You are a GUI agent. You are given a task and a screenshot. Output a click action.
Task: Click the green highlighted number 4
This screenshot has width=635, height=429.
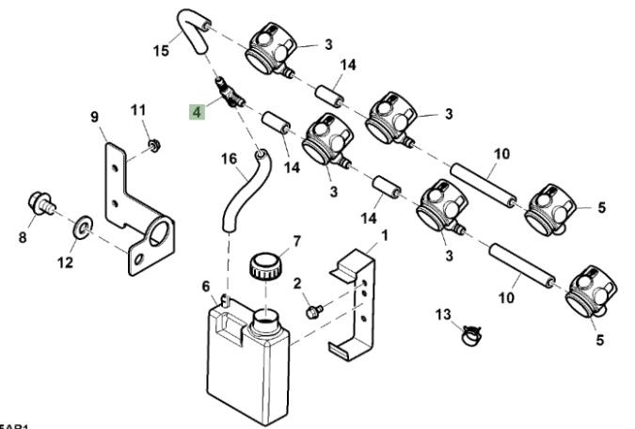pyautogui.click(x=197, y=112)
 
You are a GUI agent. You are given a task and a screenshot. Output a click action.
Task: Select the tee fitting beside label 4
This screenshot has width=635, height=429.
pyautogui.click(x=229, y=93)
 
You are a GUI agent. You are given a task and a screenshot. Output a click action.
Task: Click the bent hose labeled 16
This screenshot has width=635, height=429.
pyautogui.click(x=244, y=183)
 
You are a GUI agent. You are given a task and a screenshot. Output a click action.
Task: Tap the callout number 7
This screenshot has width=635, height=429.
pyautogui.click(x=296, y=241)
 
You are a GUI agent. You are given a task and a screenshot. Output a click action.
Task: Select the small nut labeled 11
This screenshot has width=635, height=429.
pyautogui.click(x=154, y=146)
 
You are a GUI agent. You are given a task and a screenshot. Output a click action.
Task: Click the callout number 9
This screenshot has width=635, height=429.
pyautogui.click(x=94, y=117)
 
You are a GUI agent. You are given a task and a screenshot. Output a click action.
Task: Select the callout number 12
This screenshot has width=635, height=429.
pyautogui.click(x=65, y=262)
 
